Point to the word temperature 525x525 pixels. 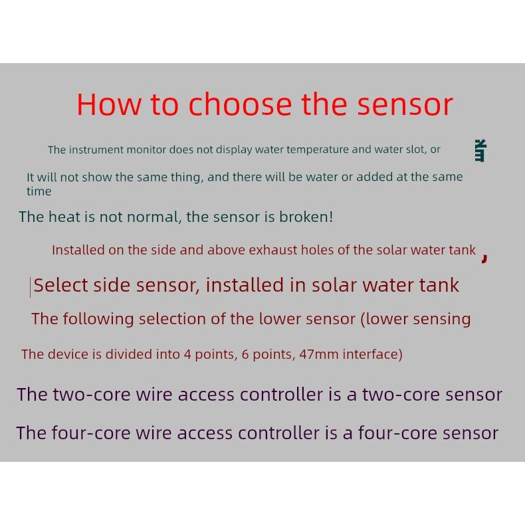318,150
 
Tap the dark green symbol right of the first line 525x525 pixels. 480,151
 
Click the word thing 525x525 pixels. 189,177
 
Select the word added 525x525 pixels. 373,177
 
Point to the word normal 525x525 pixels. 154,217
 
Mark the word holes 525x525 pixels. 317,251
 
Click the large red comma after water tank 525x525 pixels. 484,257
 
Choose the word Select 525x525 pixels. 60,285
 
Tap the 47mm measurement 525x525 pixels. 319,354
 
